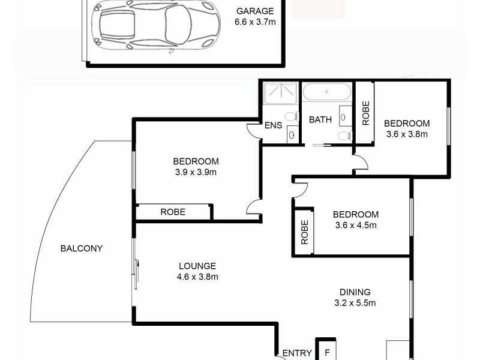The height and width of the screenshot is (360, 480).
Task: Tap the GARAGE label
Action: click(x=254, y=11)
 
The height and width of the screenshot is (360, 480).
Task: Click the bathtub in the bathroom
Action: click(x=327, y=92)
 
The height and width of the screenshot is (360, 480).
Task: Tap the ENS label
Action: click(x=274, y=126)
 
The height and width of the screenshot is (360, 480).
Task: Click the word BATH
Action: click(x=320, y=119)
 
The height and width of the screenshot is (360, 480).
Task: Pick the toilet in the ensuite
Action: click(x=292, y=115)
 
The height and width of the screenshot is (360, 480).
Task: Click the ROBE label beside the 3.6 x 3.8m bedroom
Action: click(x=365, y=112)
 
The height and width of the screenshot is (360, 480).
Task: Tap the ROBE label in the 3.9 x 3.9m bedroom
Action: click(x=172, y=212)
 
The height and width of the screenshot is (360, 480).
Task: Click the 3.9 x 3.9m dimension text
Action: click(x=196, y=172)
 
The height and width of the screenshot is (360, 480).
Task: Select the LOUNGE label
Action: click(x=197, y=266)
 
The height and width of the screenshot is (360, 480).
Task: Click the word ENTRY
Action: click(x=297, y=353)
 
